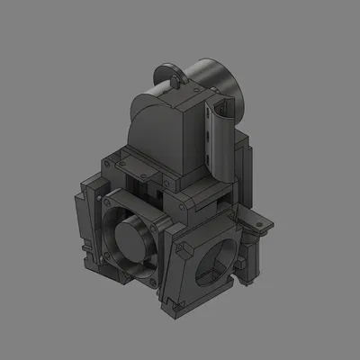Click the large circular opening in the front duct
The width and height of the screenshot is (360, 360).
click(216, 261)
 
